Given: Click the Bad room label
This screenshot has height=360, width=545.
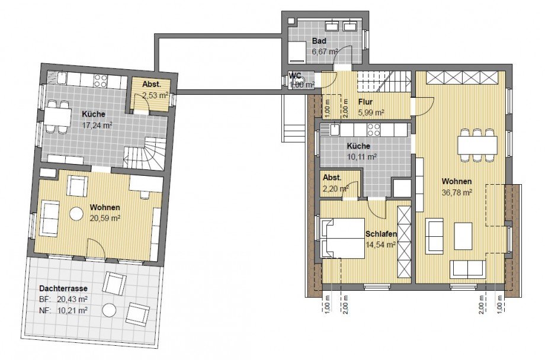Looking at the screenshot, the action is [319, 41].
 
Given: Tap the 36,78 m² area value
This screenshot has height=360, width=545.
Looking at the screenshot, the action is [456, 192].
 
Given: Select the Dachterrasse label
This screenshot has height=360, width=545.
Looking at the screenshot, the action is [63, 288].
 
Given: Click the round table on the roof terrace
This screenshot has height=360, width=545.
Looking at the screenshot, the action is [109, 310].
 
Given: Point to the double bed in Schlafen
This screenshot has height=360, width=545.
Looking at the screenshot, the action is [343, 239].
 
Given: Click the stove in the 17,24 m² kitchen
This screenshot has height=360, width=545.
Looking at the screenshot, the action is [100, 81].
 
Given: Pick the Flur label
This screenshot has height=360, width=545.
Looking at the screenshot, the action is [366, 102].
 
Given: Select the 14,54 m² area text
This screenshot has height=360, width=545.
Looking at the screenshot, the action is [380, 245].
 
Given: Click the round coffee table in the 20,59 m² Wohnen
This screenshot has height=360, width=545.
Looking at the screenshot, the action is [76, 214].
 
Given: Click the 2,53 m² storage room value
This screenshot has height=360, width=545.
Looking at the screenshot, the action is [155, 95].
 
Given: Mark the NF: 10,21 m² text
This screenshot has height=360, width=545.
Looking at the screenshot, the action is [63, 310].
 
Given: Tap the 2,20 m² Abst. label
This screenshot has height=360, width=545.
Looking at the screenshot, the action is [332, 178].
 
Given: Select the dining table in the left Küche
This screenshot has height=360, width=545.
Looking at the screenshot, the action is [57, 117].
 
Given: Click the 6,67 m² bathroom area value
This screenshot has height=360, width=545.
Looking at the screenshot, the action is [325, 52].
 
